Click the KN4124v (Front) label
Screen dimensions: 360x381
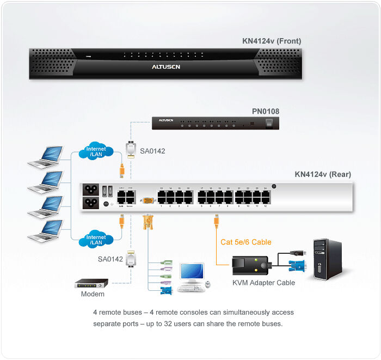point(272,41)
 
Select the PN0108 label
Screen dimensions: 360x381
point(266,112)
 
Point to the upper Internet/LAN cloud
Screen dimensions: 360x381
point(96,151)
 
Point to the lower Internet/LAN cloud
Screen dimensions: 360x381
point(96,240)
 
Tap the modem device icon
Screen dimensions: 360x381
point(91,284)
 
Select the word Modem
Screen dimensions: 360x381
point(93,294)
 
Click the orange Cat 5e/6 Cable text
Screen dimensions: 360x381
point(245,242)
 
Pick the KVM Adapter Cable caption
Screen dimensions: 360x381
point(263,283)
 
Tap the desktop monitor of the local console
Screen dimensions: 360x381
point(192,273)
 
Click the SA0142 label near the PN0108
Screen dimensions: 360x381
point(152,151)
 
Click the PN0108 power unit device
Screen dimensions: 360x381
point(215,123)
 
